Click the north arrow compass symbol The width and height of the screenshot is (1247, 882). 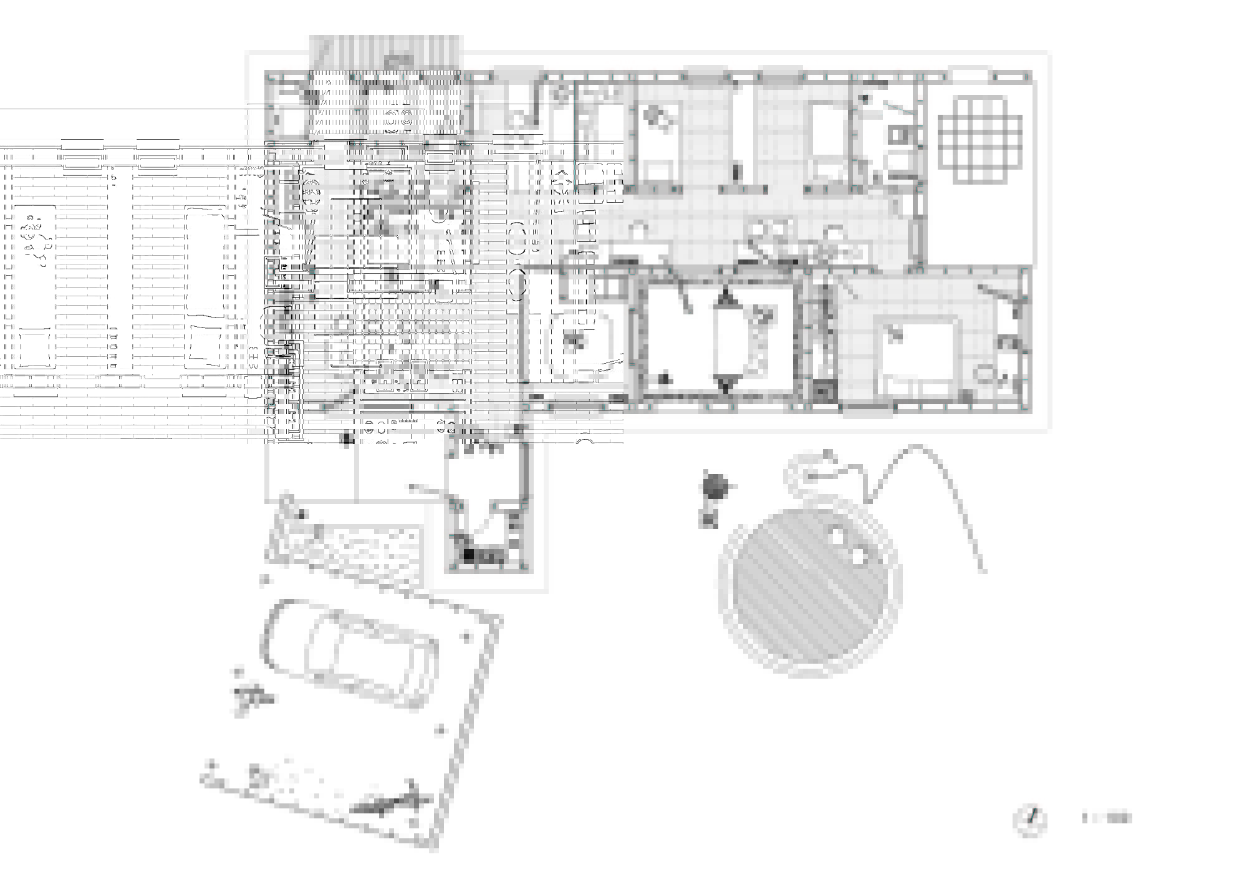tap(1031, 821)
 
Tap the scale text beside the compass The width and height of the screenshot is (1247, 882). tap(1106, 818)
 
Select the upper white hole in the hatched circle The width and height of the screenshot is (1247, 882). tap(836, 536)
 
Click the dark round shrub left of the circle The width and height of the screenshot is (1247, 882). tap(715, 486)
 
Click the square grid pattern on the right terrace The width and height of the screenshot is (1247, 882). tap(980, 140)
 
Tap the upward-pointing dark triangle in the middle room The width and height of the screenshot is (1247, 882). tap(725, 299)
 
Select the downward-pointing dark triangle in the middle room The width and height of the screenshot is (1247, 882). tap(725, 384)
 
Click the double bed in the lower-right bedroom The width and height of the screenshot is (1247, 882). tap(916, 356)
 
